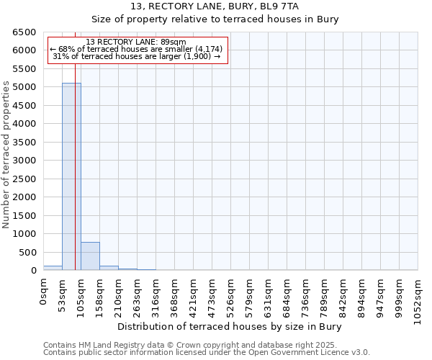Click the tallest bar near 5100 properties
[x=71, y=176]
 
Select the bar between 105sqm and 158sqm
[x=90, y=256]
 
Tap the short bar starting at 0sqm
[x=53, y=268]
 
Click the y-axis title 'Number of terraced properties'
[x=7, y=154]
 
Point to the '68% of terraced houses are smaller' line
[x=136, y=49]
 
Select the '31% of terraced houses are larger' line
[x=136, y=56]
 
